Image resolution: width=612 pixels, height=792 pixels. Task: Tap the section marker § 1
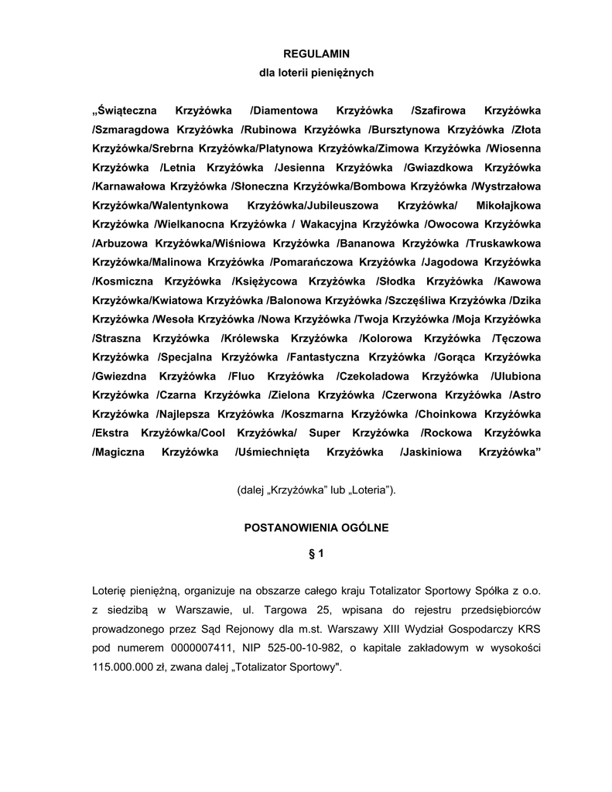pyautogui.click(x=316, y=554)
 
